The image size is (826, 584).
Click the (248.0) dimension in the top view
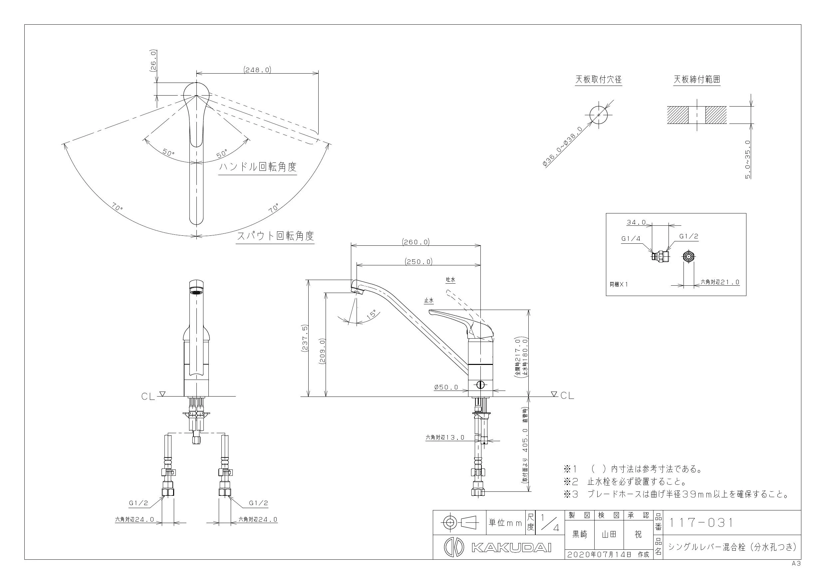(257, 70)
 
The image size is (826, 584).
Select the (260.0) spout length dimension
(416, 242)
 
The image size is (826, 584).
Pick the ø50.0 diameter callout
(446, 388)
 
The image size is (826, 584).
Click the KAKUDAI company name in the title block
(511, 548)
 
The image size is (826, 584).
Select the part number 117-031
(700, 522)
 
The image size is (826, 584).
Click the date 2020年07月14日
(599, 554)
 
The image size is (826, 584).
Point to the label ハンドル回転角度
(258, 167)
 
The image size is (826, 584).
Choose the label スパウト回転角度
(275, 236)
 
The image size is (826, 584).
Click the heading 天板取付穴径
(599, 80)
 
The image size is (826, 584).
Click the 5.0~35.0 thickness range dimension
(748, 159)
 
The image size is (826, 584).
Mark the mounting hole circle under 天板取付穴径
(599, 115)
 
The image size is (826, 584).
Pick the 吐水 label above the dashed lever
(451, 280)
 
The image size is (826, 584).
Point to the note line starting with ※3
(676, 494)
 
